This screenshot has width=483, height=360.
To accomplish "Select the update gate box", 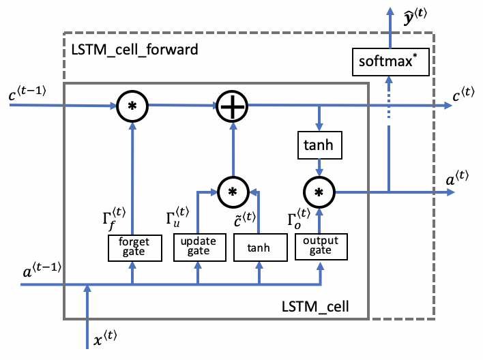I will point(198,246).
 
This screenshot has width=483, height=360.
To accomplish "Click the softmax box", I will point(387,62).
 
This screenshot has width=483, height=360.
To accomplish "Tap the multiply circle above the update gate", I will point(232,192).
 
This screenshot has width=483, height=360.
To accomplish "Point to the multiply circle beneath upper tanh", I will point(319,192).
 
